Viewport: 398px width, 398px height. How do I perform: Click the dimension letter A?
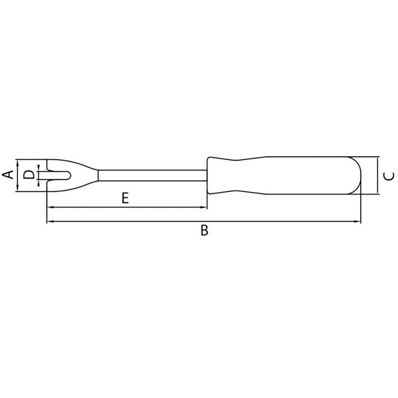(x=7, y=175)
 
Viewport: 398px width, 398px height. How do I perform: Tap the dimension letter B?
(x=203, y=230)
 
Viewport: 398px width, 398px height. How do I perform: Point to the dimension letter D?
(x=29, y=175)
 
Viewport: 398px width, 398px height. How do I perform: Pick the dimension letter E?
(x=125, y=199)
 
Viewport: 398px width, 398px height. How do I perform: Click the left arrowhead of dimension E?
(x=49, y=207)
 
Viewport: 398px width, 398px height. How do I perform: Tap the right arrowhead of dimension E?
(x=204, y=207)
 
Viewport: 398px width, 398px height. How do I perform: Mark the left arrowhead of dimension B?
(x=49, y=221)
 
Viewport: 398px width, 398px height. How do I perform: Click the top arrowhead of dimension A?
(x=17, y=162)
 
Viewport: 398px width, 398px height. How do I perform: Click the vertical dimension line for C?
(x=379, y=176)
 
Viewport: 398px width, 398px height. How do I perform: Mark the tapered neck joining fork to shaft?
(x=90, y=175)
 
